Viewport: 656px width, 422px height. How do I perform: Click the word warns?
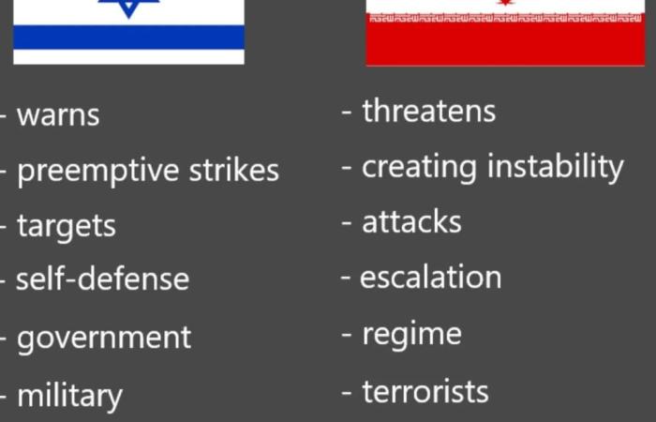tap(58, 115)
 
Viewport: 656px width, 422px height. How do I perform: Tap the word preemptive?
tap(98, 171)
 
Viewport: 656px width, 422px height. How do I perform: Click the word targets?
tap(67, 227)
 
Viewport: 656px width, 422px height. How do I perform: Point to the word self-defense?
tap(102, 278)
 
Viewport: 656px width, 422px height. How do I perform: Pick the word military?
tap(69, 395)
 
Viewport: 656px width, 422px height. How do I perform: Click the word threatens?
tap(429, 111)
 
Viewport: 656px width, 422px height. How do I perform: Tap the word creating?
tap(419, 168)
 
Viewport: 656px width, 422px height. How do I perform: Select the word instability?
tap(555, 168)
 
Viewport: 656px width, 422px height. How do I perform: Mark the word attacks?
tap(411, 221)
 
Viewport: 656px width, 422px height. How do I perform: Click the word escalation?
tap(430, 277)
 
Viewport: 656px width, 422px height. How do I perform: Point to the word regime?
tap(412, 335)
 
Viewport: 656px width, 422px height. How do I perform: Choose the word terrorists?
tap(425, 392)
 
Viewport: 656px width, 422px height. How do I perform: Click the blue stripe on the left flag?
tap(129, 37)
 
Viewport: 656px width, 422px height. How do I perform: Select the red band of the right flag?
tap(505, 43)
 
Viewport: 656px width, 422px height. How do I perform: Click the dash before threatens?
tap(346, 113)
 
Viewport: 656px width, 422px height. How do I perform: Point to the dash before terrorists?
tap(346, 394)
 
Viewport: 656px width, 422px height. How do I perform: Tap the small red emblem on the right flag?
tap(505, 3)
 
